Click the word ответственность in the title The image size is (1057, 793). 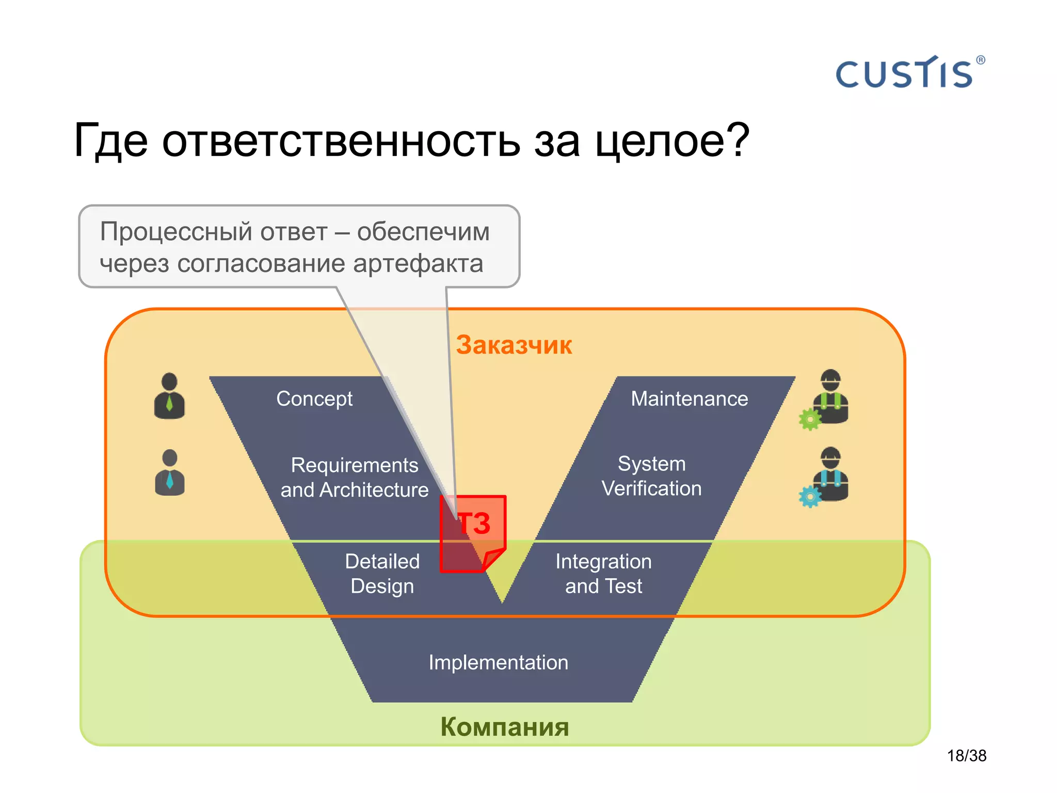click(x=341, y=141)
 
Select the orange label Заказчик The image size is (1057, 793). click(x=514, y=345)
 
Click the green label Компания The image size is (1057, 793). click(x=504, y=727)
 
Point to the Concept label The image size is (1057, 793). click(x=314, y=399)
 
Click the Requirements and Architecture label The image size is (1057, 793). click(x=354, y=478)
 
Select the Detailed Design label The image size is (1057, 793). click(x=382, y=574)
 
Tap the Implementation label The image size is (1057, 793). click(x=498, y=662)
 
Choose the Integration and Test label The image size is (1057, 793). click(x=603, y=574)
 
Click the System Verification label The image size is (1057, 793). click(x=651, y=476)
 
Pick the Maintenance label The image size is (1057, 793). click(x=689, y=399)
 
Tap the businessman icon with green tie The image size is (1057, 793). click(x=169, y=396)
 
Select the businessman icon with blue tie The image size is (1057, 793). click(x=169, y=473)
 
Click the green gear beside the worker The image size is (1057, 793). click(x=809, y=419)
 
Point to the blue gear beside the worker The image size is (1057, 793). click(x=809, y=497)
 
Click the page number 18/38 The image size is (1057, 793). click(x=966, y=756)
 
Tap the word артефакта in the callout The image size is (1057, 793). click(x=418, y=264)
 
